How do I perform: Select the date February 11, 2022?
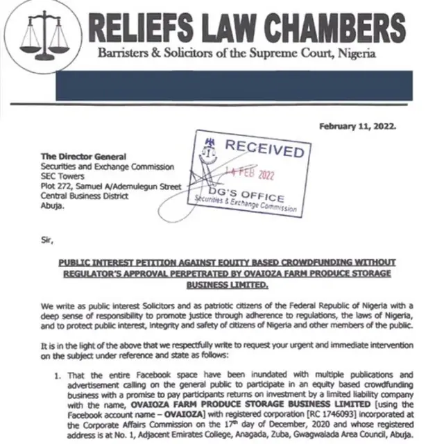(357, 126)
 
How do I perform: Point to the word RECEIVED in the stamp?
(264, 148)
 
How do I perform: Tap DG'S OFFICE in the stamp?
(246, 194)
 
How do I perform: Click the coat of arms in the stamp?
(210, 147)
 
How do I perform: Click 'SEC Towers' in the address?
(64, 176)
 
